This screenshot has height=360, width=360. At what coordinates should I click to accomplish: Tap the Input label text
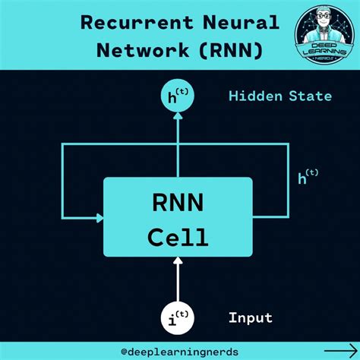click(x=251, y=317)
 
